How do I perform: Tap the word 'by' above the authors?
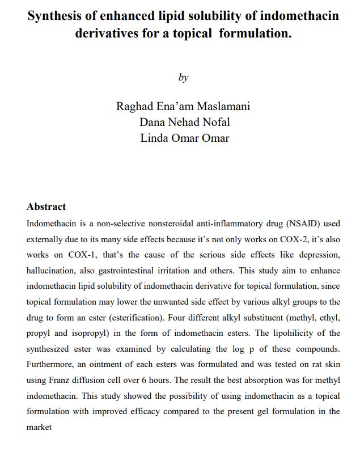click(x=183, y=78)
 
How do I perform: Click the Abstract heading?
click(x=46, y=207)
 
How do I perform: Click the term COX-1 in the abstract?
click(x=84, y=254)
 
